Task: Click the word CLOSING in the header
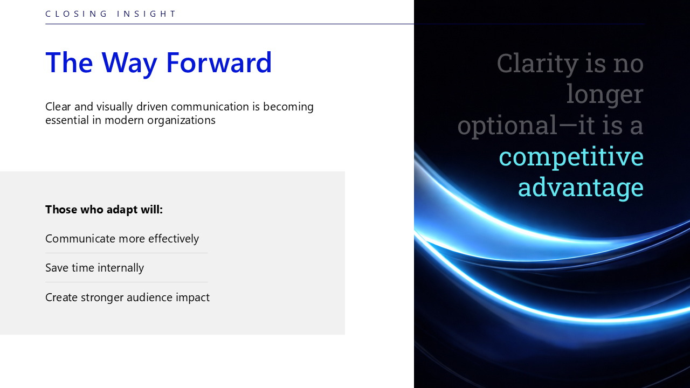76,14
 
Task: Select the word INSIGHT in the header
147,14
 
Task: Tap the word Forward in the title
219,63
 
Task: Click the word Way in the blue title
129,64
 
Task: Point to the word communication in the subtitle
210,107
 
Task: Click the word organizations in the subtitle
181,120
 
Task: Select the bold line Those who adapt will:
104,210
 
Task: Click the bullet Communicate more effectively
122,239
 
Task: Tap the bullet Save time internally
94,268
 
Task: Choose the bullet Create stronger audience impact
127,297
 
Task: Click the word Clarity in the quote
537,64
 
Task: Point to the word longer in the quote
605,95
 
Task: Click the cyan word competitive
571,157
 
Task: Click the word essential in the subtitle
67,120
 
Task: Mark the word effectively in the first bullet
174,239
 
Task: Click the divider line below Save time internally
126,282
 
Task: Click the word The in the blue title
69,63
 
